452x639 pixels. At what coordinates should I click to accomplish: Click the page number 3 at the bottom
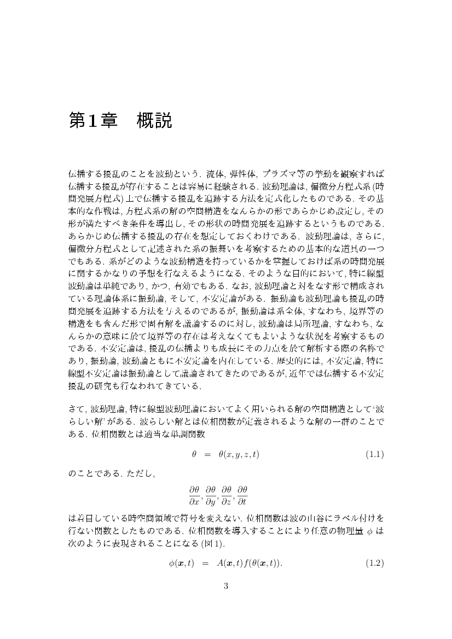point(226,587)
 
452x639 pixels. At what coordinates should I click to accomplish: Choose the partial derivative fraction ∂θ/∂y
point(211,493)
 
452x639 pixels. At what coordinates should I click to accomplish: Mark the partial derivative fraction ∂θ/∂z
point(227,493)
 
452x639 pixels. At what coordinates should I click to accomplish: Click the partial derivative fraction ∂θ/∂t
point(242,493)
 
